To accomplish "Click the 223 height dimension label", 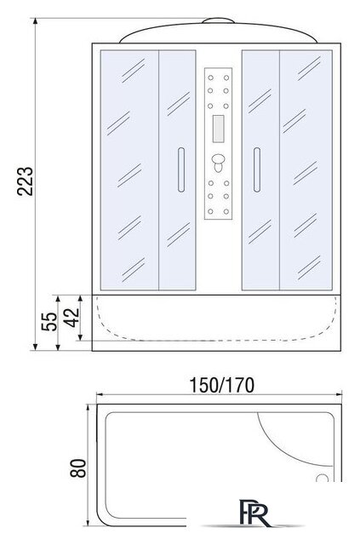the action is coord(25,181).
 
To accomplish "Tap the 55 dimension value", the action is coord(49,322).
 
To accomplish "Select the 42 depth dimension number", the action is coord(72,318).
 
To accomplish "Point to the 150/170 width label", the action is coord(221,385).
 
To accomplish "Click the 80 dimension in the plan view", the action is coord(77,468).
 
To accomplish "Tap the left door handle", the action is coord(181,170).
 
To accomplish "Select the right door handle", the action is coord(257,170).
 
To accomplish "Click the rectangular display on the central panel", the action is coord(218,129).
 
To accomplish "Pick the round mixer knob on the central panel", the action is coord(218,160).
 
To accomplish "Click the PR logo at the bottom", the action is coord(254,513).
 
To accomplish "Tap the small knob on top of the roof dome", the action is coord(218,20).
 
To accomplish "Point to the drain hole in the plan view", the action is coord(322,479).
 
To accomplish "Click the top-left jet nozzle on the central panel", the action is coord(210,77).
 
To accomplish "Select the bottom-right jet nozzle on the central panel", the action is coord(226,211).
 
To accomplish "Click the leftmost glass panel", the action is coord(129,170).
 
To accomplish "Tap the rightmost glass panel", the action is coord(306,170).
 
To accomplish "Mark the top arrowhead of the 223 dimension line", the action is coord(35,20).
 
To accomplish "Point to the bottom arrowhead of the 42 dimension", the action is coord(80,337).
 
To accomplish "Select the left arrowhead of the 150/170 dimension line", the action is coord(100,394).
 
